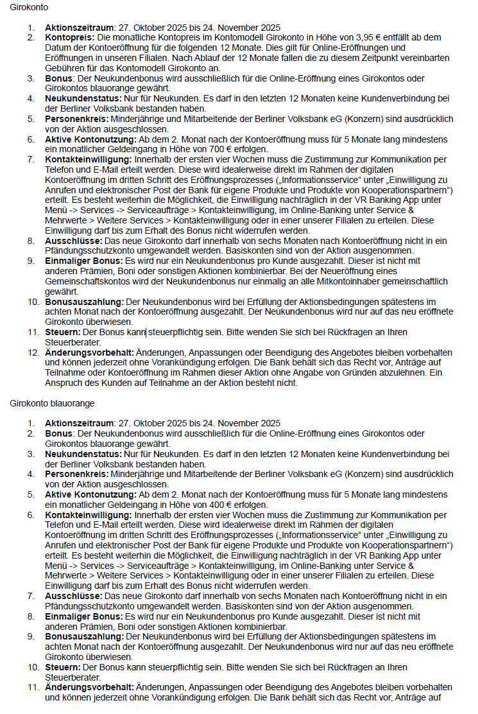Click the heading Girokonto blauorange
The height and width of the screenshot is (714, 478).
[52, 403]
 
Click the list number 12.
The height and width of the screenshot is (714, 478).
[32, 353]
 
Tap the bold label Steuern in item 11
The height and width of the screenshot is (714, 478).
[62, 333]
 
